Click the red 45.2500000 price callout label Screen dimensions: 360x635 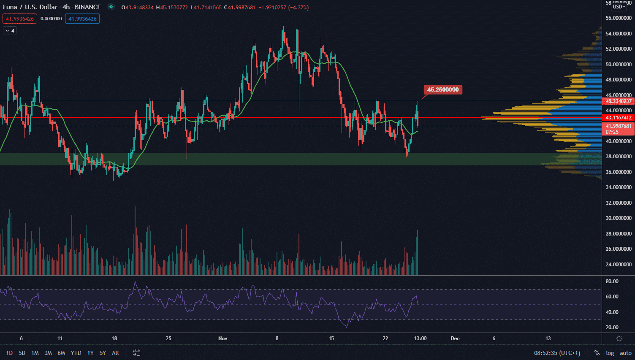coord(443,89)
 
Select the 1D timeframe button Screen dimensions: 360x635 coord(9,353)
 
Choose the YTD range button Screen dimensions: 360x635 coord(76,353)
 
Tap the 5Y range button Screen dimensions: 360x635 coord(103,353)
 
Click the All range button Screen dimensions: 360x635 coord(115,353)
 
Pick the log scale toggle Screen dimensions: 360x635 coord(610,353)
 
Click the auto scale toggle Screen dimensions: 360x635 coord(625,353)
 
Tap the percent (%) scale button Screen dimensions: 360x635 coord(597,353)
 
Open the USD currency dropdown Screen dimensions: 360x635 coord(619,7)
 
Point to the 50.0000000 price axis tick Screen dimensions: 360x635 coord(619,64)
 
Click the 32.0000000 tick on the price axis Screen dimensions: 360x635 coord(619,203)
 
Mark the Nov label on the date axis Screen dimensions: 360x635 coord(223,338)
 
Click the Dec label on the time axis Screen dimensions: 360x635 coord(455,338)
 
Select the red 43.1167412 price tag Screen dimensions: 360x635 coord(619,118)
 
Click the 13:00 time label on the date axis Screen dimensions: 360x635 coord(420,338)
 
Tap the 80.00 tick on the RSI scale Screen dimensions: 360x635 coord(612,282)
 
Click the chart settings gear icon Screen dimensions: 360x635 coord(619,338)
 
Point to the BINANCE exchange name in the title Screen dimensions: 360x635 coord(88,7)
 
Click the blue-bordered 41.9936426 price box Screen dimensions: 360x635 coord(82,19)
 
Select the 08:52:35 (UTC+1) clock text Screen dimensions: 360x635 coord(557,353)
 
